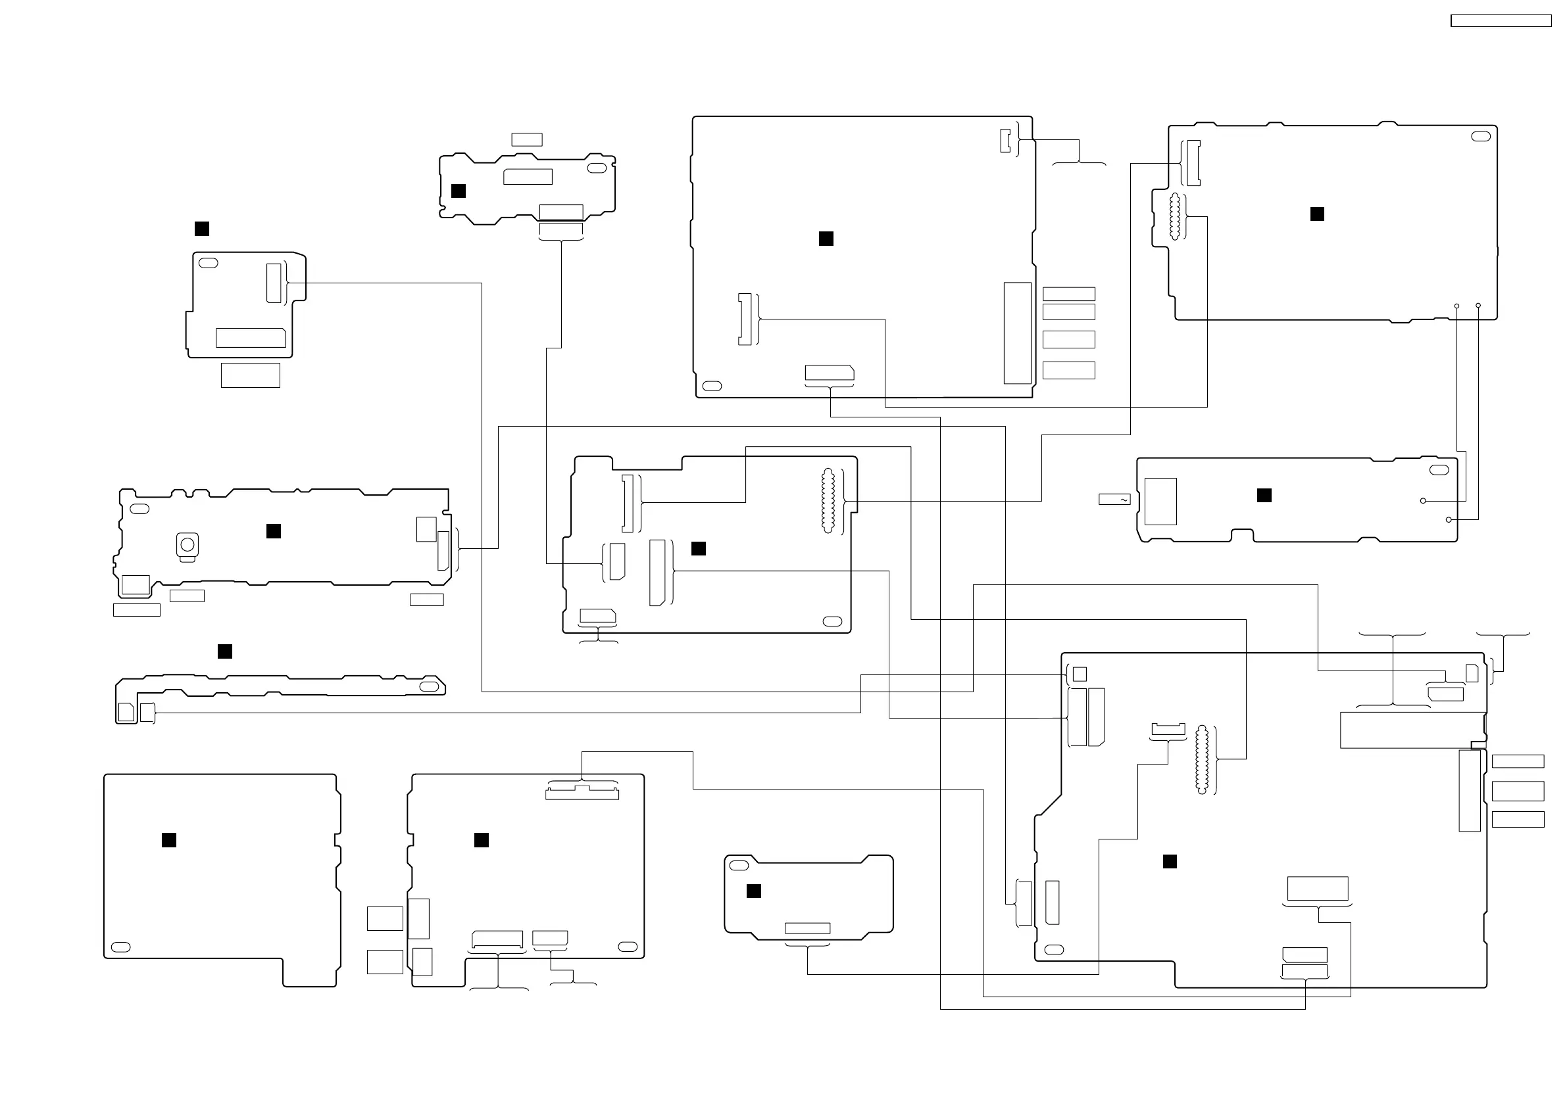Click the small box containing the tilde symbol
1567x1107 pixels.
click(x=1114, y=500)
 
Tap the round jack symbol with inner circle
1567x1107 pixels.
click(x=187, y=544)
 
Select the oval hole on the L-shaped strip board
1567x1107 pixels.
click(x=430, y=686)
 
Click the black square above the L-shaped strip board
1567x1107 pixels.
click(x=224, y=651)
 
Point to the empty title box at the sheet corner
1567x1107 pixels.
click(x=1501, y=21)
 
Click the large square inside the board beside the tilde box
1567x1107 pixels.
click(x=1160, y=502)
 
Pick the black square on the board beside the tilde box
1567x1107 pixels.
click(x=1264, y=495)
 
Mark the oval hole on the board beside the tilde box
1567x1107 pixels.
click(x=1439, y=470)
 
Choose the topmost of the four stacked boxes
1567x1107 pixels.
click(x=1069, y=294)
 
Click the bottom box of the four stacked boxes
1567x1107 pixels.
click(x=1069, y=370)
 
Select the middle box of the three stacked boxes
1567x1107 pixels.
click(x=1518, y=791)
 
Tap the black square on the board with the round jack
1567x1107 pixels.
click(x=274, y=530)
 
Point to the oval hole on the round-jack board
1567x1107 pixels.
click(x=139, y=509)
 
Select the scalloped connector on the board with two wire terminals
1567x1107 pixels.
click(x=1174, y=217)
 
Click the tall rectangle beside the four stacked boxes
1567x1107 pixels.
click(x=1017, y=333)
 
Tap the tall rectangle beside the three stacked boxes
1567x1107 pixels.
click(x=1470, y=791)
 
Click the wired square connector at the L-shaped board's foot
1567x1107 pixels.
click(x=147, y=713)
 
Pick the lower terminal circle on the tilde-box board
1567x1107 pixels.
click(x=1448, y=520)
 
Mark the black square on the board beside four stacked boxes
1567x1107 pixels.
click(x=826, y=238)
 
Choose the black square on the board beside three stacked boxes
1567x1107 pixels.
click(x=1170, y=861)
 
